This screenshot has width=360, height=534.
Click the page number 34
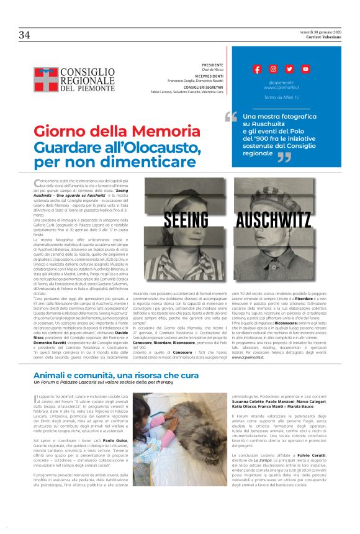point(24,35)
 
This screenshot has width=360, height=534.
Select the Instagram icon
point(274,69)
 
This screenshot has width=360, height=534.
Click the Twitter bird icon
point(289,69)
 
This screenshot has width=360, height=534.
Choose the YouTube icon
point(305,69)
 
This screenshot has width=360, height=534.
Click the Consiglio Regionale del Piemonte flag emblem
point(46,79)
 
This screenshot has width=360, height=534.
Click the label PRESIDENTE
point(213,65)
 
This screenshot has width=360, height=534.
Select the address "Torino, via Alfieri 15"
point(281,97)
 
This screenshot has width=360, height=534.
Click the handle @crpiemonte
point(281,82)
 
